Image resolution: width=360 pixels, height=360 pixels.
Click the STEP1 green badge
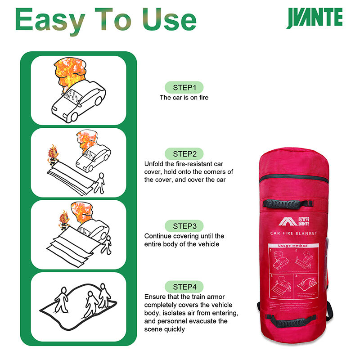point(184,87)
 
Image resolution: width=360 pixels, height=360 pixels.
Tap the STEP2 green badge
point(184,153)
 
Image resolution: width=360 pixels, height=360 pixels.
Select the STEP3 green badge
point(184,225)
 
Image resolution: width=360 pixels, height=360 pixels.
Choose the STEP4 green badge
point(184,287)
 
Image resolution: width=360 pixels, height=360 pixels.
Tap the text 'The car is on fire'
point(184,97)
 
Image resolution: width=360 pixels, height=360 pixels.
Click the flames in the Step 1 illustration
point(68,72)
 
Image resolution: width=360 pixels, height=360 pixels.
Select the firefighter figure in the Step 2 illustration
point(54,155)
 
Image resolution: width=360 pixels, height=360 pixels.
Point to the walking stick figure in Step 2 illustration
point(100,181)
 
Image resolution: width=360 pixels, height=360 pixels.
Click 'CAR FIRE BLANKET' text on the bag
point(294,233)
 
